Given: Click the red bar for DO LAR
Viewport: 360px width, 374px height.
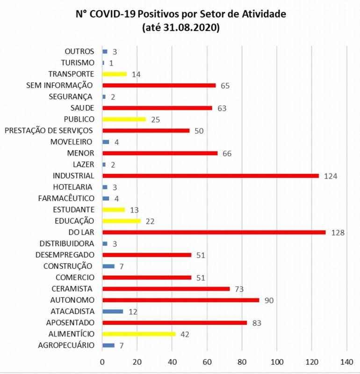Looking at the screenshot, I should pyautogui.click(x=214, y=232).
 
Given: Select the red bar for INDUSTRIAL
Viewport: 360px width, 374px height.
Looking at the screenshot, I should pyautogui.click(x=210, y=176).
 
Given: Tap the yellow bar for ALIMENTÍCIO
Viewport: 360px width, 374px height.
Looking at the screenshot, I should pyautogui.click(x=139, y=334).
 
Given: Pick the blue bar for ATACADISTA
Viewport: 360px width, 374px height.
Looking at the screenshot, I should pyautogui.click(x=113, y=311).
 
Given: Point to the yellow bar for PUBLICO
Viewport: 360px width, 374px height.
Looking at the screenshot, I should pyautogui.click(x=124, y=119).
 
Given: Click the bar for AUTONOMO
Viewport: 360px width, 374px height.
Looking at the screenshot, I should pyautogui.click(x=180, y=300).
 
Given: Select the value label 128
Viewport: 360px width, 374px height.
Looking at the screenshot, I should pyautogui.click(x=338, y=232).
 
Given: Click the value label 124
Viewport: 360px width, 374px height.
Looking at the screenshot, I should pyautogui.click(x=331, y=176).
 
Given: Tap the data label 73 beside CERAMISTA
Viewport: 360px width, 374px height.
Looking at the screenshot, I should pyautogui.click(x=239, y=289).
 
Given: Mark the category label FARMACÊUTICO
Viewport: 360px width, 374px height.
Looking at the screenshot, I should pyautogui.click(x=66, y=198).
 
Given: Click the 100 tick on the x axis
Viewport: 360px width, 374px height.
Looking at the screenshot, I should pyautogui.click(x=277, y=361).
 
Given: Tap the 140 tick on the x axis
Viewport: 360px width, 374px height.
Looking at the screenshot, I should pyautogui.click(x=346, y=361).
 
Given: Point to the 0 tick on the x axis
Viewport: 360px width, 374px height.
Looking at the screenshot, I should pyautogui.click(x=102, y=361).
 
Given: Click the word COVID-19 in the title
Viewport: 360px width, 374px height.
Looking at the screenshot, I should pyautogui.click(x=114, y=14).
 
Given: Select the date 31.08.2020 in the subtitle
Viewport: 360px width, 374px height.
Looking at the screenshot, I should pyautogui.click(x=189, y=28).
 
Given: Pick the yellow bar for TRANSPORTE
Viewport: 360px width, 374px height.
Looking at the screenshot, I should pyautogui.click(x=115, y=74).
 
